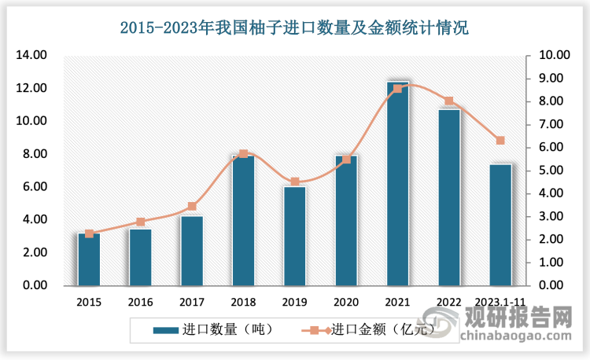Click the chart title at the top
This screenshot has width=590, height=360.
[294, 30]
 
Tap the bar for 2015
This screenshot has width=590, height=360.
[89, 259]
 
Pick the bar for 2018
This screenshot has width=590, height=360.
[243, 220]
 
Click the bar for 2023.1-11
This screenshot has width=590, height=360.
[500, 225]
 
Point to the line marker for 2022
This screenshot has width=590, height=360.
[449, 101]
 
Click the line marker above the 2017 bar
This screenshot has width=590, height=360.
[192, 207]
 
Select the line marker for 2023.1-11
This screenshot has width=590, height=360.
[500, 141]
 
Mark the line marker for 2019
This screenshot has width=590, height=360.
[295, 182]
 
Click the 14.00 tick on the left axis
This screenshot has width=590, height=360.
[32, 56]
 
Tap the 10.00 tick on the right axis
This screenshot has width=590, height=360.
[555, 56]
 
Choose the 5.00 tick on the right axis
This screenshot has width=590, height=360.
[555, 171]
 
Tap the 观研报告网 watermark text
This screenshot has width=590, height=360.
[520, 319]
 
